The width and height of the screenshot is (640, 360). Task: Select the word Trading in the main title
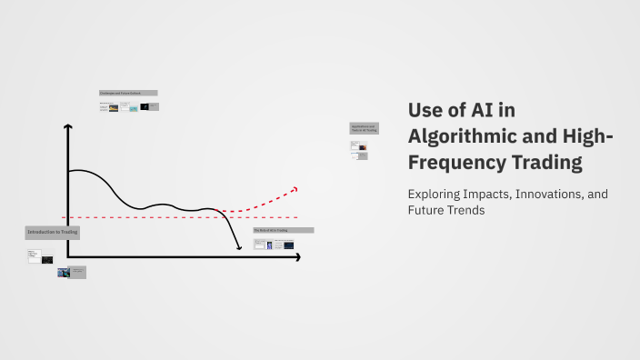[x=546, y=164]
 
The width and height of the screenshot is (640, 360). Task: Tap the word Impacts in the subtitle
[x=492, y=195]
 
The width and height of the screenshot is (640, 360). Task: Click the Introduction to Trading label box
[x=53, y=233]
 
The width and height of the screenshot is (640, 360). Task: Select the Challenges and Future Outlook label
[x=128, y=93]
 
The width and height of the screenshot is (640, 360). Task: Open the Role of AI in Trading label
[x=284, y=231]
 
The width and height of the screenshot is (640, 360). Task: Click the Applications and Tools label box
[x=364, y=128]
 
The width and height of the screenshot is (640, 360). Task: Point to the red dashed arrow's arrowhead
[x=295, y=188]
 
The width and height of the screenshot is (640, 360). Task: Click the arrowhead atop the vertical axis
[x=68, y=126]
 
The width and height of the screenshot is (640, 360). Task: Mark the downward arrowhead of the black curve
[x=239, y=246]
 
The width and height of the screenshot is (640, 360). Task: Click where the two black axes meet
[x=68, y=258]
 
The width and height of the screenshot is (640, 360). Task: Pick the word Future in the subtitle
[x=427, y=211]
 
